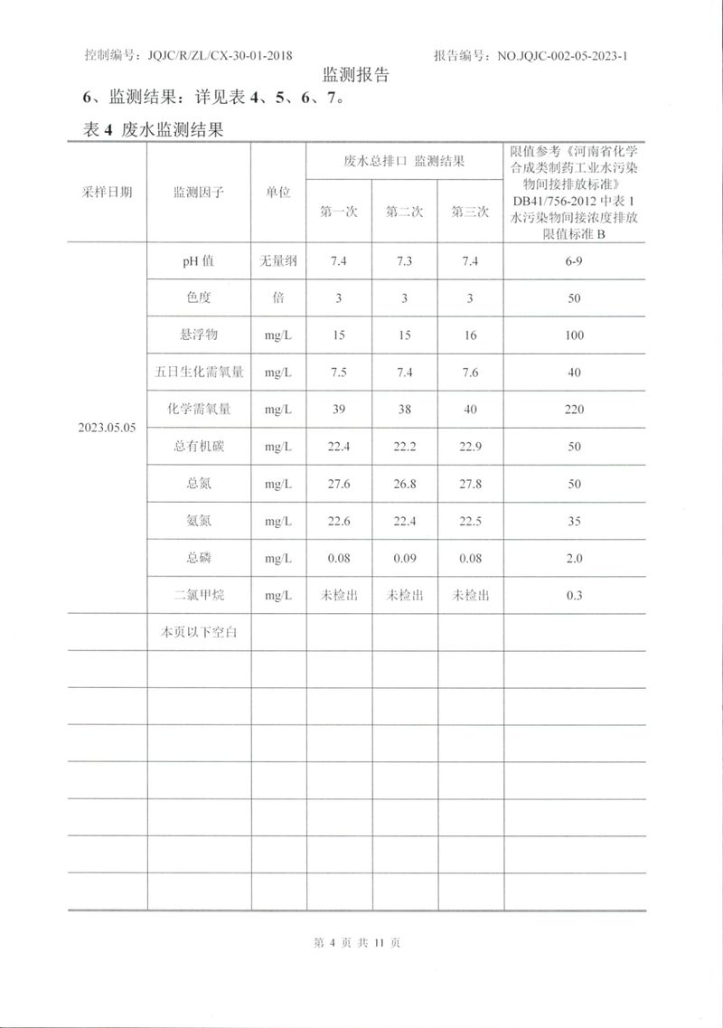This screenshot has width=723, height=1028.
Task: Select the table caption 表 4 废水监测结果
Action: click(153, 130)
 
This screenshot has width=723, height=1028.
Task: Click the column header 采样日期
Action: click(107, 193)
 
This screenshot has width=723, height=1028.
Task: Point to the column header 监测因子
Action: click(199, 193)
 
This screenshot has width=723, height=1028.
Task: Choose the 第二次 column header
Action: click(404, 212)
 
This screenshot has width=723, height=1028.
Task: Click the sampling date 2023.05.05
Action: click(107, 428)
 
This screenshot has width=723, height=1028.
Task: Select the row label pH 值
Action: click(198, 261)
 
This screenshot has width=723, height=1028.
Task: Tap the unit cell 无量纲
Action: click(278, 261)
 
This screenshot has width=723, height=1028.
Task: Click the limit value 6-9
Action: click(575, 261)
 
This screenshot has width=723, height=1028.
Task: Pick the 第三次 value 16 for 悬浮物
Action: click(470, 335)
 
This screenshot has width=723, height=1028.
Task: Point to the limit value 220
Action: click(575, 410)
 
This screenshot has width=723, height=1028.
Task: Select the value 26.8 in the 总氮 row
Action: click(404, 485)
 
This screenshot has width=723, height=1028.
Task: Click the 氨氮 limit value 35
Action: click(575, 522)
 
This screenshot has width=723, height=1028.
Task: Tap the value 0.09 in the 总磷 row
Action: click(404, 559)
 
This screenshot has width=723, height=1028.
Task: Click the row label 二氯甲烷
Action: click(199, 596)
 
